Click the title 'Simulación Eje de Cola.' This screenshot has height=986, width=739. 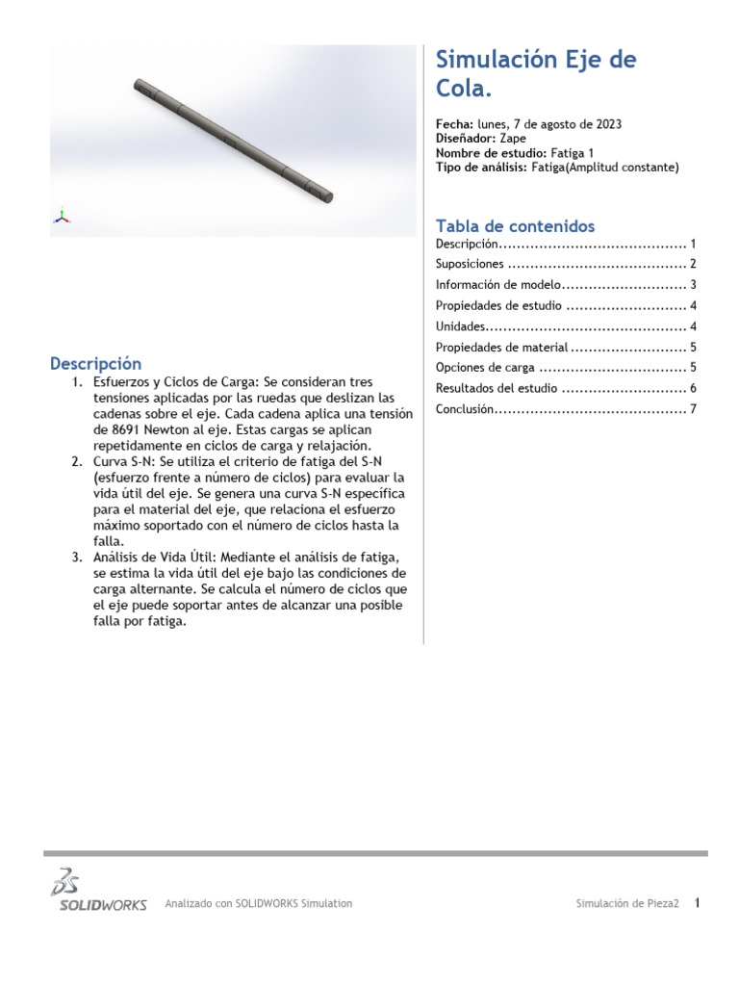tap(535, 74)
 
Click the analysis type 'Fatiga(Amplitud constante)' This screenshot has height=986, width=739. tap(604, 168)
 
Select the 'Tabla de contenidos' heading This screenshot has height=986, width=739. tap(515, 226)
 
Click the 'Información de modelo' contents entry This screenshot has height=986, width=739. tap(497, 285)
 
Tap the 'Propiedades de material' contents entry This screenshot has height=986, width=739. tap(501, 348)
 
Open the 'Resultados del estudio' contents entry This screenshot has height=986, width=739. tap(497, 389)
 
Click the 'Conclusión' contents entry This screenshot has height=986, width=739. tap(465, 409)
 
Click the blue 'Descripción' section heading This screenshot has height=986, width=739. tap(95, 364)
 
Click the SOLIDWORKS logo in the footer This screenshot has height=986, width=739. tap(98, 891)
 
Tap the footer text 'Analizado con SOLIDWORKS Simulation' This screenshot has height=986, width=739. tap(259, 904)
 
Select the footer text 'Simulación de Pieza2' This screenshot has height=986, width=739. tap(627, 904)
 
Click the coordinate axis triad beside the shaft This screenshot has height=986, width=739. tap(62, 216)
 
